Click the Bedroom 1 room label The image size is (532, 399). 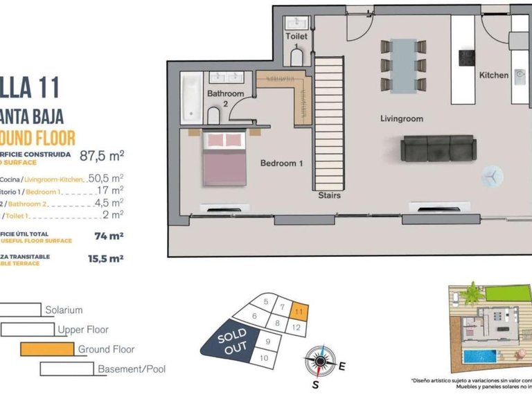click(282, 163)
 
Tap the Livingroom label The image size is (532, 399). click(401, 118)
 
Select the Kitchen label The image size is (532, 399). click(494, 75)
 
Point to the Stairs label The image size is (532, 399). click(329, 195)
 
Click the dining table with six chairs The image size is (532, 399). click(403, 66)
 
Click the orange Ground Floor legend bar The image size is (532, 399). click(46, 349)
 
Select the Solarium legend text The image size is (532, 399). click(64, 310)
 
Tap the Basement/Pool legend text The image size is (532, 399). click(132, 369)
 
